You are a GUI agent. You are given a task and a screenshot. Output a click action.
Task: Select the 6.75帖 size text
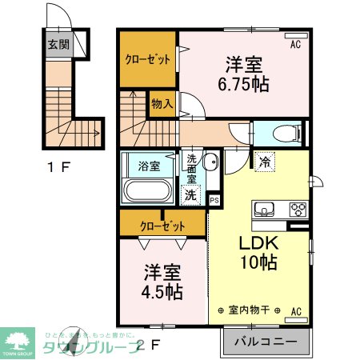pos(240,82)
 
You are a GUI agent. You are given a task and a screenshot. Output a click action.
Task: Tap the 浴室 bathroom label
pos(148,167)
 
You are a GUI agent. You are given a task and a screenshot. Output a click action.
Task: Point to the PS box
pos(214,201)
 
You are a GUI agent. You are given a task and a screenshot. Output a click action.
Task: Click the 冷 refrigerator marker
pos(264,162)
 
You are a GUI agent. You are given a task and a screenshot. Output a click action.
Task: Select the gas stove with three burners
pos(298,210)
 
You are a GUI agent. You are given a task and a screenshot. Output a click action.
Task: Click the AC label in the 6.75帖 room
pos(295,44)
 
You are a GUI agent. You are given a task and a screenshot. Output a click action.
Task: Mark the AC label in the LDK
pos(295,310)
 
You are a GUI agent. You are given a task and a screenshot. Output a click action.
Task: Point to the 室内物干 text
pos(249,310)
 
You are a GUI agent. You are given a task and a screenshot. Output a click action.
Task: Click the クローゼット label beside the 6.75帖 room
pos(147,58)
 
